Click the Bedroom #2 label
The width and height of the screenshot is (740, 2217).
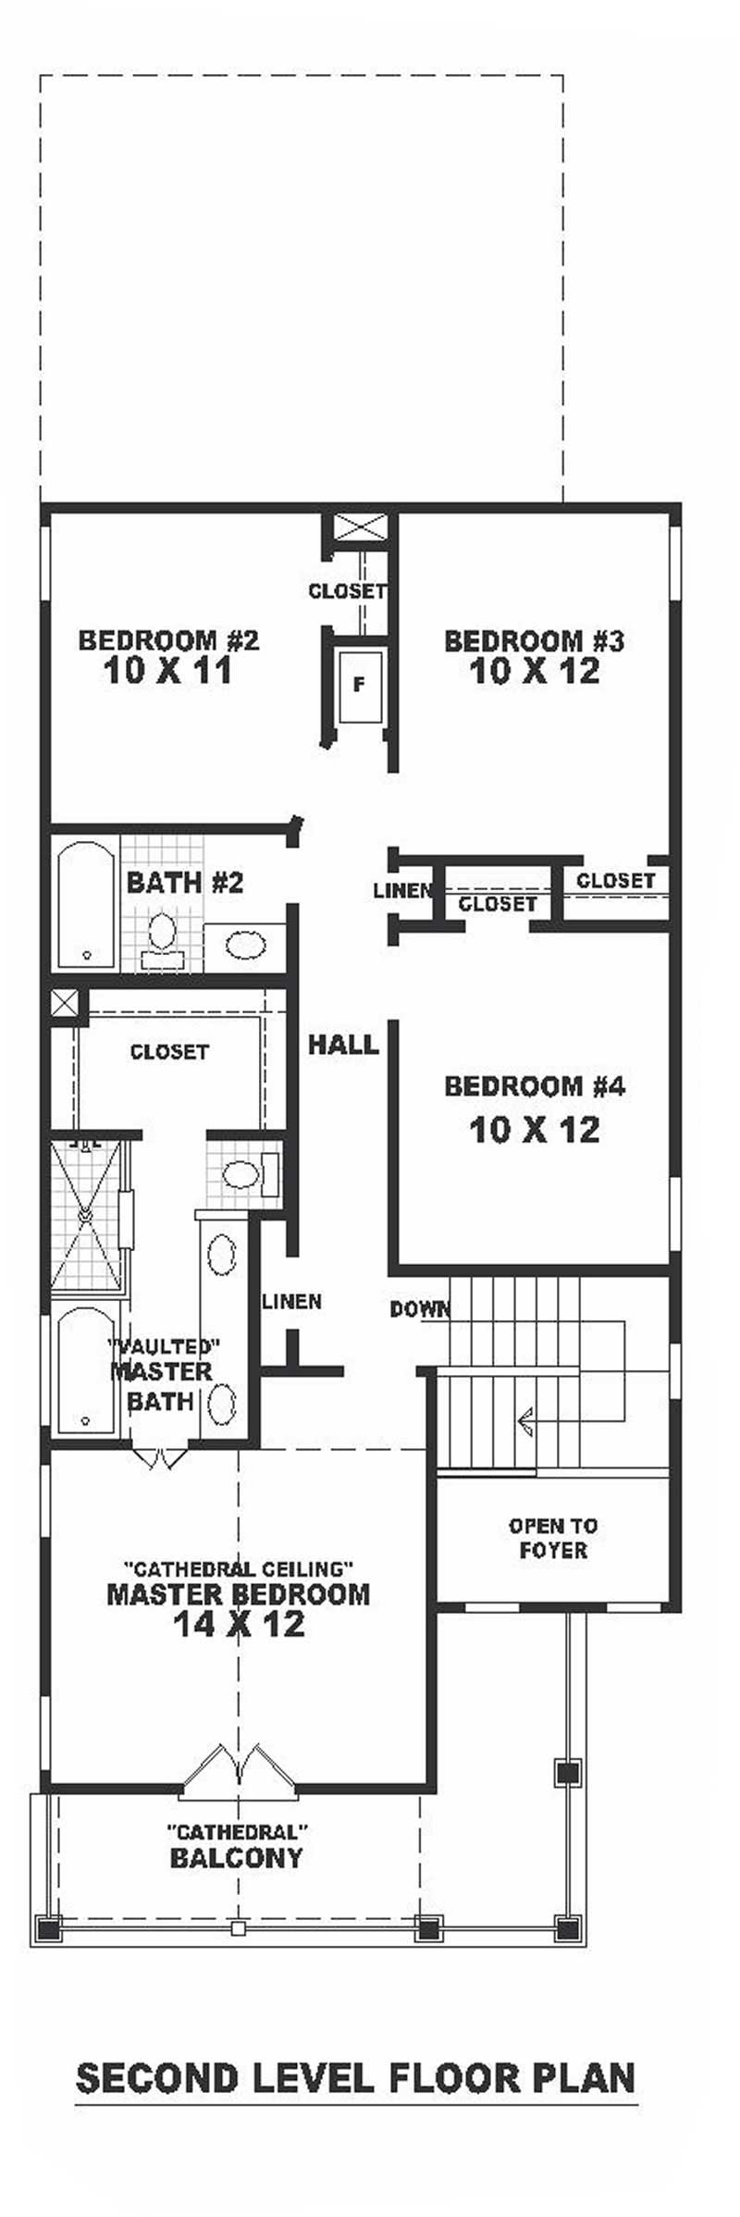click(x=168, y=639)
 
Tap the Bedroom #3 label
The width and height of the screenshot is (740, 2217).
click(x=535, y=640)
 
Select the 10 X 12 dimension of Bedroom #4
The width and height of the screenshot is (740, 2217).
click(x=535, y=1129)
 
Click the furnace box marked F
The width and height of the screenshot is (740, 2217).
click(x=359, y=686)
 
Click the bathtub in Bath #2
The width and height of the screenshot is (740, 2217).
click(x=86, y=904)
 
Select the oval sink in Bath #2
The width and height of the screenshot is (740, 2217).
click(x=245, y=946)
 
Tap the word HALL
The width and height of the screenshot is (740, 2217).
click(x=343, y=1045)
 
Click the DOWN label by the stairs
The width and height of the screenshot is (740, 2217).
click(x=419, y=1308)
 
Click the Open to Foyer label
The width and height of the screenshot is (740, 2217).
click(x=553, y=1538)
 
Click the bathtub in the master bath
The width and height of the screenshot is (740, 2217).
click(x=86, y=1369)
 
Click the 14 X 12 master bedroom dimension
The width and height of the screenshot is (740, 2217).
click(x=239, y=1623)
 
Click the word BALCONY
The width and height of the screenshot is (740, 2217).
click(x=237, y=1858)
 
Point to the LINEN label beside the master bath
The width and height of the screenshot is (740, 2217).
click(x=292, y=1301)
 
